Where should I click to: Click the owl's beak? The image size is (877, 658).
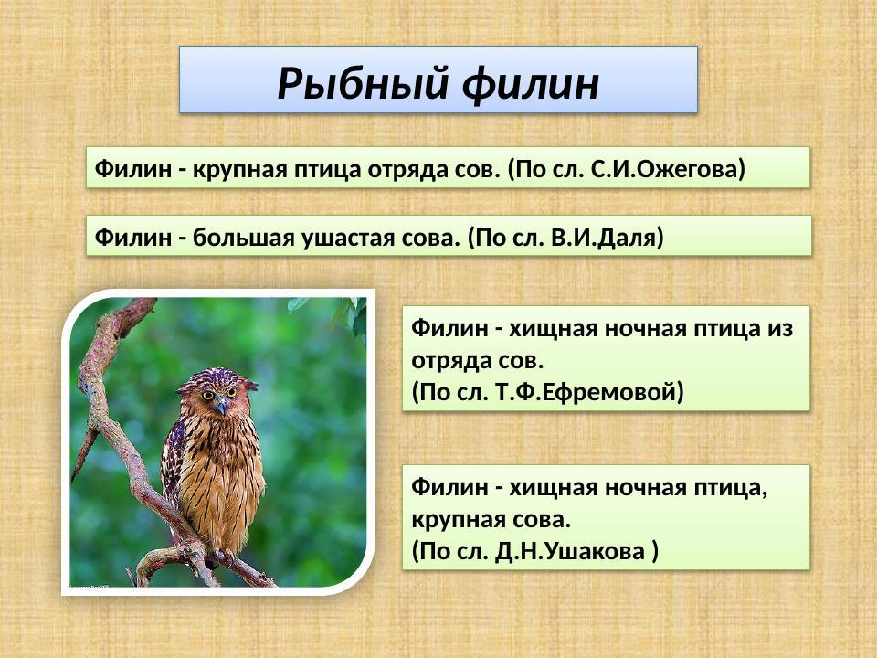coord(221,406)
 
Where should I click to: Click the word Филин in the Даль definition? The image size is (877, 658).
coord(132,238)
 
